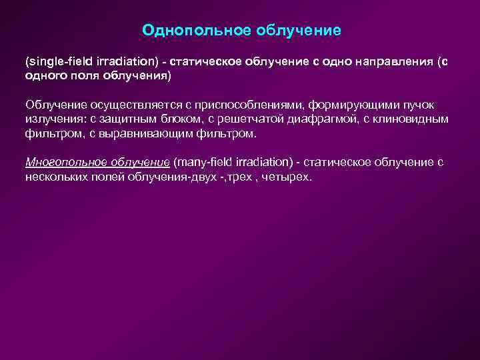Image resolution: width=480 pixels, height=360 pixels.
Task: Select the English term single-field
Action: click(x=56, y=61)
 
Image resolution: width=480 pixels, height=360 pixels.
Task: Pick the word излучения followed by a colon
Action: click(x=54, y=119)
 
